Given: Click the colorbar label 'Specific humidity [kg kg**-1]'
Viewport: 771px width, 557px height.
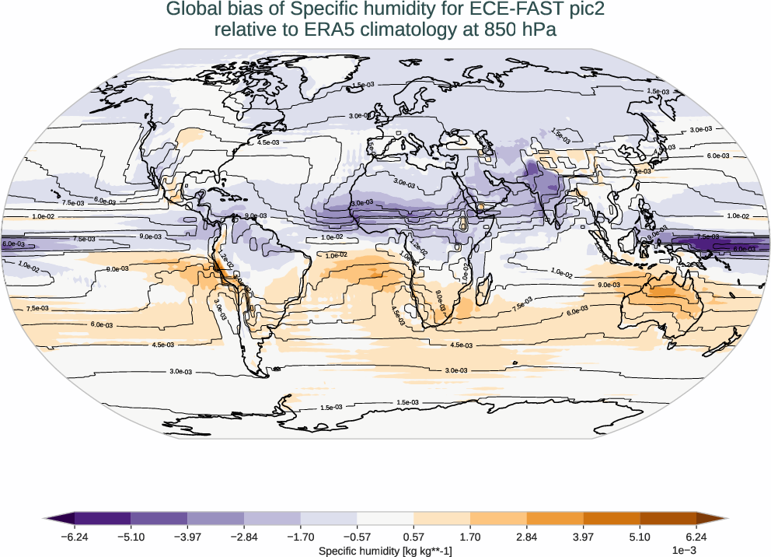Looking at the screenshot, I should [x=385, y=551].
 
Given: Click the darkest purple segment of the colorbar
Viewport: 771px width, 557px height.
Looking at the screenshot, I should [x=103, y=518].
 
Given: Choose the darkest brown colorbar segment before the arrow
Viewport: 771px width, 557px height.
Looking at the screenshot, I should [x=668, y=518].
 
